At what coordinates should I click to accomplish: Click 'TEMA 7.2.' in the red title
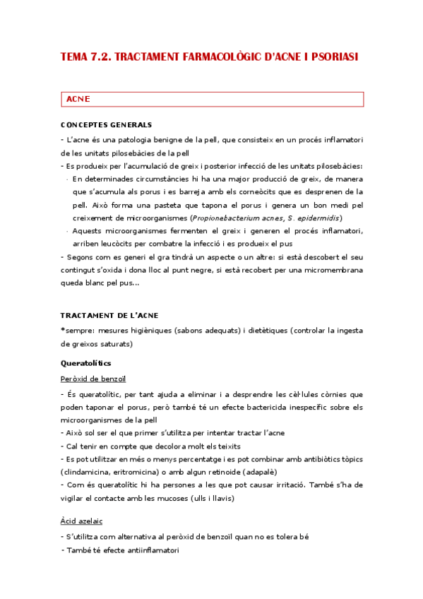(84, 56)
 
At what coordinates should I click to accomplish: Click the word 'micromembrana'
(333, 270)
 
